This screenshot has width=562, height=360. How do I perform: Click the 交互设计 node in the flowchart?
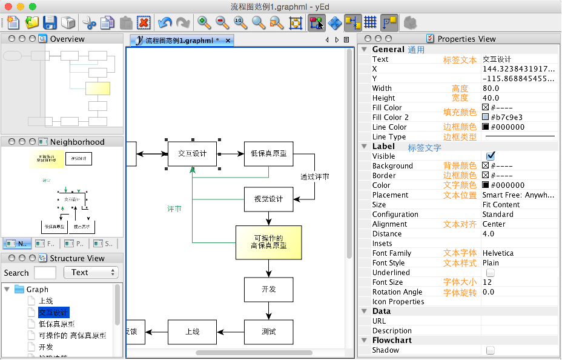(x=192, y=154)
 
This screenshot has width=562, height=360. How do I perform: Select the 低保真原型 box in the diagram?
(x=269, y=154)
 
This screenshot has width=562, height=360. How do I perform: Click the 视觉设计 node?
(x=269, y=199)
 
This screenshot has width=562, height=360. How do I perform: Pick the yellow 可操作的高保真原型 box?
(x=268, y=242)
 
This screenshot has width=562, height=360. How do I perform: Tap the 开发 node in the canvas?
(x=269, y=290)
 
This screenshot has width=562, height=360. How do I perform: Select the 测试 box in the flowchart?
(x=269, y=332)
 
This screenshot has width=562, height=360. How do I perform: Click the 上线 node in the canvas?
(x=192, y=332)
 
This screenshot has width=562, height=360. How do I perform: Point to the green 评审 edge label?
(x=174, y=208)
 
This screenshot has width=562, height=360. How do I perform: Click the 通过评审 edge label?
(x=315, y=177)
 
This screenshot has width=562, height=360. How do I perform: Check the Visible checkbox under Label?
(x=491, y=156)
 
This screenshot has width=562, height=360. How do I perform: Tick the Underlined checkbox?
(x=491, y=273)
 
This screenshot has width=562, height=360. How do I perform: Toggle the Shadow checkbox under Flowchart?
(x=491, y=350)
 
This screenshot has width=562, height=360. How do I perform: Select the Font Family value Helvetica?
(x=498, y=253)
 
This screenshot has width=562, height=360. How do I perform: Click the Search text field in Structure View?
(x=45, y=273)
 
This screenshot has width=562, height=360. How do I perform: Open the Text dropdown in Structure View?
(x=91, y=273)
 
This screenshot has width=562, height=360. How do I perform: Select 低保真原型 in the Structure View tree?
(x=56, y=324)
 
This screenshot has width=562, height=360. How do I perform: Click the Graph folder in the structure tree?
(x=37, y=290)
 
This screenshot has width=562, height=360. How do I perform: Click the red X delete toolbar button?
(x=144, y=23)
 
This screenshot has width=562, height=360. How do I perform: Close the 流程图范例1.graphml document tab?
(x=228, y=41)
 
